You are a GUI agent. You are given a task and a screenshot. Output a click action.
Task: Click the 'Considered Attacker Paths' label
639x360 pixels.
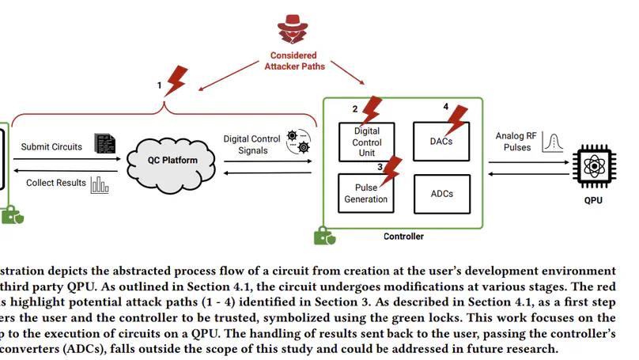[293, 61]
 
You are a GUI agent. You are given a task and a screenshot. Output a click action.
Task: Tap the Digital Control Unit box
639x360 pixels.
[366, 142]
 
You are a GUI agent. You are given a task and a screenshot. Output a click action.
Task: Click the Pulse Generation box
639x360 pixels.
[366, 193]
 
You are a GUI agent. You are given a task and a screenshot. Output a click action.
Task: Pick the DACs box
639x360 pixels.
[441, 141]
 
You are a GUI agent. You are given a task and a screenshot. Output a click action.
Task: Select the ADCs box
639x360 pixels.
[441, 193]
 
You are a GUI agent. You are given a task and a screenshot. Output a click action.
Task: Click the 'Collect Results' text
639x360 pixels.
[55, 183]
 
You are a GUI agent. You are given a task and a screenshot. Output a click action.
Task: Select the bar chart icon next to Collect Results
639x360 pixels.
[100, 184]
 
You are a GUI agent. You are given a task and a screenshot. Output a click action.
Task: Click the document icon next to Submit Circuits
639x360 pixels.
[104, 143]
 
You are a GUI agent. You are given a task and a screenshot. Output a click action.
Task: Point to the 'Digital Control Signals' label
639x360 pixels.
[252, 144]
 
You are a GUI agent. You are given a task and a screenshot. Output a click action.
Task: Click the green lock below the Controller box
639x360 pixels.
[323, 235]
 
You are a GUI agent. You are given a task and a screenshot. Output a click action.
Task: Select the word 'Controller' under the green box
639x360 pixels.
[403, 237]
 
